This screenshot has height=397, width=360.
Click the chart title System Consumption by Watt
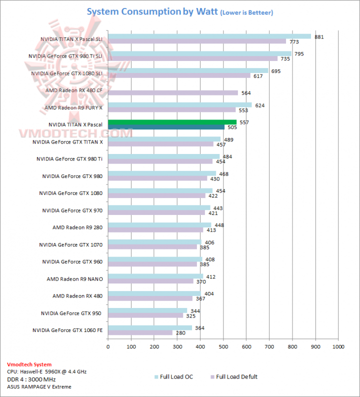(152, 11)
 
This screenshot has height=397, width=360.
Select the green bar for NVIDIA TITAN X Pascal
(172, 122)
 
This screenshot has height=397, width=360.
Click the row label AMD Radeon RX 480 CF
(74, 90)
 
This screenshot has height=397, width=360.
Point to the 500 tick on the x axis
(223, 345)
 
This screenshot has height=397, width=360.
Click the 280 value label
(180, 332)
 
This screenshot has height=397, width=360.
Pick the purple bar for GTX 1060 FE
(140, 332)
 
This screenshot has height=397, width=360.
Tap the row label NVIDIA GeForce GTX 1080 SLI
(67, 73)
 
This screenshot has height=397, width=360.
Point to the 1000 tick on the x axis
(338, 345)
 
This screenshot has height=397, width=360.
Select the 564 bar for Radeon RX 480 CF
(173, 92)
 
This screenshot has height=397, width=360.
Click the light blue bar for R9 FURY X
(180, 105)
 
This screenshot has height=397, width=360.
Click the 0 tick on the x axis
(108, 345)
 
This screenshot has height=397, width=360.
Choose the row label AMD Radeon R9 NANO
(74, 279)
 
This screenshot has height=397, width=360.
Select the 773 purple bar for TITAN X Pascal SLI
(197, 41)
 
